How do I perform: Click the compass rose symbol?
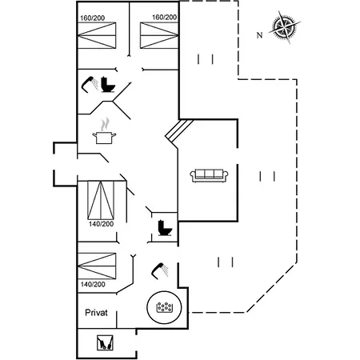pyautogui.click(x=285, y=26)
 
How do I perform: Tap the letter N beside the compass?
pyautogui.click(x=259, y=35)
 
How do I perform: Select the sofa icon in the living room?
pyautogui.click(x=209, y=175)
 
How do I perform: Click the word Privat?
pyautogui.click(x=96, y=313)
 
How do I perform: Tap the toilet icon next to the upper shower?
pyautogui.click(x=108, y=84)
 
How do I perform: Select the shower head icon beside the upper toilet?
pyautogui.click(x=90, y=84)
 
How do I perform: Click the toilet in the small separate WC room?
pyautogui.click(x=165, y=228)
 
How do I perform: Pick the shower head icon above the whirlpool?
pyautogui.click(x=160, y=271)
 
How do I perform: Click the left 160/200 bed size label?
pyautogui.click(x=93, y=18)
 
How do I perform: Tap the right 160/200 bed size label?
pyautogui.click(x=164, y=18)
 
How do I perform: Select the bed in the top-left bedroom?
pyautogui.click(x=97, y=36)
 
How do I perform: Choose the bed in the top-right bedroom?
pyautogui.click(x=159, y=36)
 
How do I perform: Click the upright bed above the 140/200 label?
pyautogui.click(x=101, y=200)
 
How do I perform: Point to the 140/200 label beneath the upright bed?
pyautogui.click(x=101, y=224)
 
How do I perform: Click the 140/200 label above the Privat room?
pyautogui.click(x=93, y=284)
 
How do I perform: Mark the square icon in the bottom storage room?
pyautogui.click(x=105, y=343)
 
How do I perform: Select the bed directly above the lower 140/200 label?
pyautogui.click(x=97, y=266)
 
